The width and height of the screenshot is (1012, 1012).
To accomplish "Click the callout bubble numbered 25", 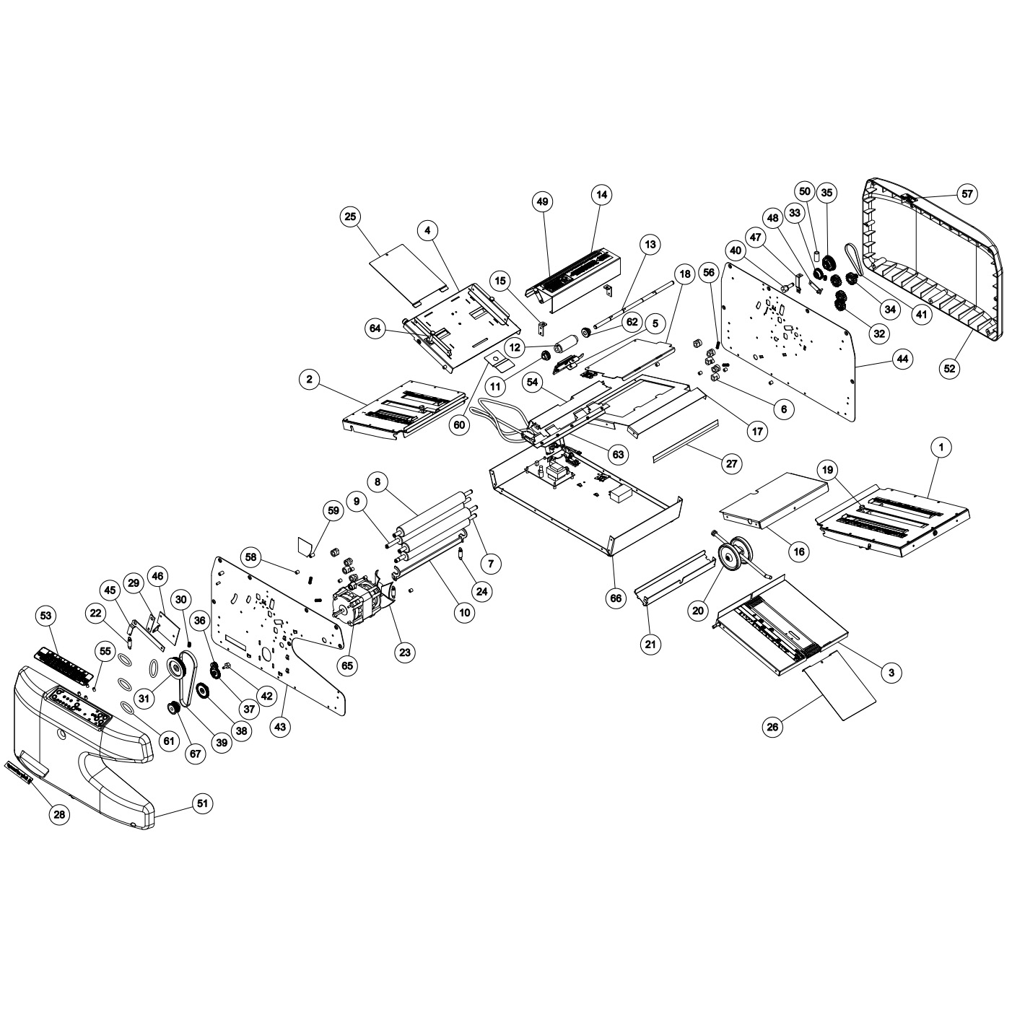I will pyautogui.click(x=351, y=217).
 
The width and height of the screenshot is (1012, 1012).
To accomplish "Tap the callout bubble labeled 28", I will pyautogui.click(x=59, y=814).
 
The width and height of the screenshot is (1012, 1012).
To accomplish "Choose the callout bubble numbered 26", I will pyautogui.click(x=773, y=727).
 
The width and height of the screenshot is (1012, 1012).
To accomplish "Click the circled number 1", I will pyautogui.click(x=941, y=448).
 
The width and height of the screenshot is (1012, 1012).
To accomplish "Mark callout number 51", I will pyautogui.click(x=204, y=803).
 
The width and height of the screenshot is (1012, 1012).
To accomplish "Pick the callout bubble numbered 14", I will pyautogui.click(x=601, y=194).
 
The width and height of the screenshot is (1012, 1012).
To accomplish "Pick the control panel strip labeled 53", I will pyautogui.click(x=64, y=662).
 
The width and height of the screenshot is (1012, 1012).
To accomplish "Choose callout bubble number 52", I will pyautogui.click(x=949, y=368).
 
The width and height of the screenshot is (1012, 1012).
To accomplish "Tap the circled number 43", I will pyautogui.click(x=281, y=728).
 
